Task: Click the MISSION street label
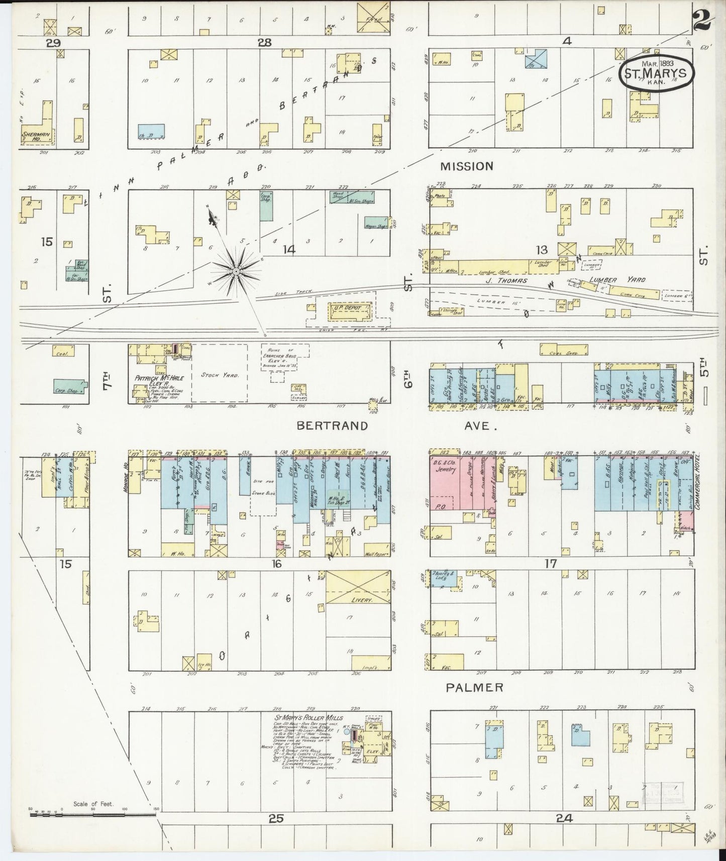point(467,166)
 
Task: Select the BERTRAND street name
point(332,426)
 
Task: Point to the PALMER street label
point(475,687)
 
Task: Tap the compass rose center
point(235,272)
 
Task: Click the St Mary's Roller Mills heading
point(302,718)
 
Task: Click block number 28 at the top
point(264,43)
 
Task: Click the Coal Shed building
point(564,353)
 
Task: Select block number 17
point(551,564)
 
